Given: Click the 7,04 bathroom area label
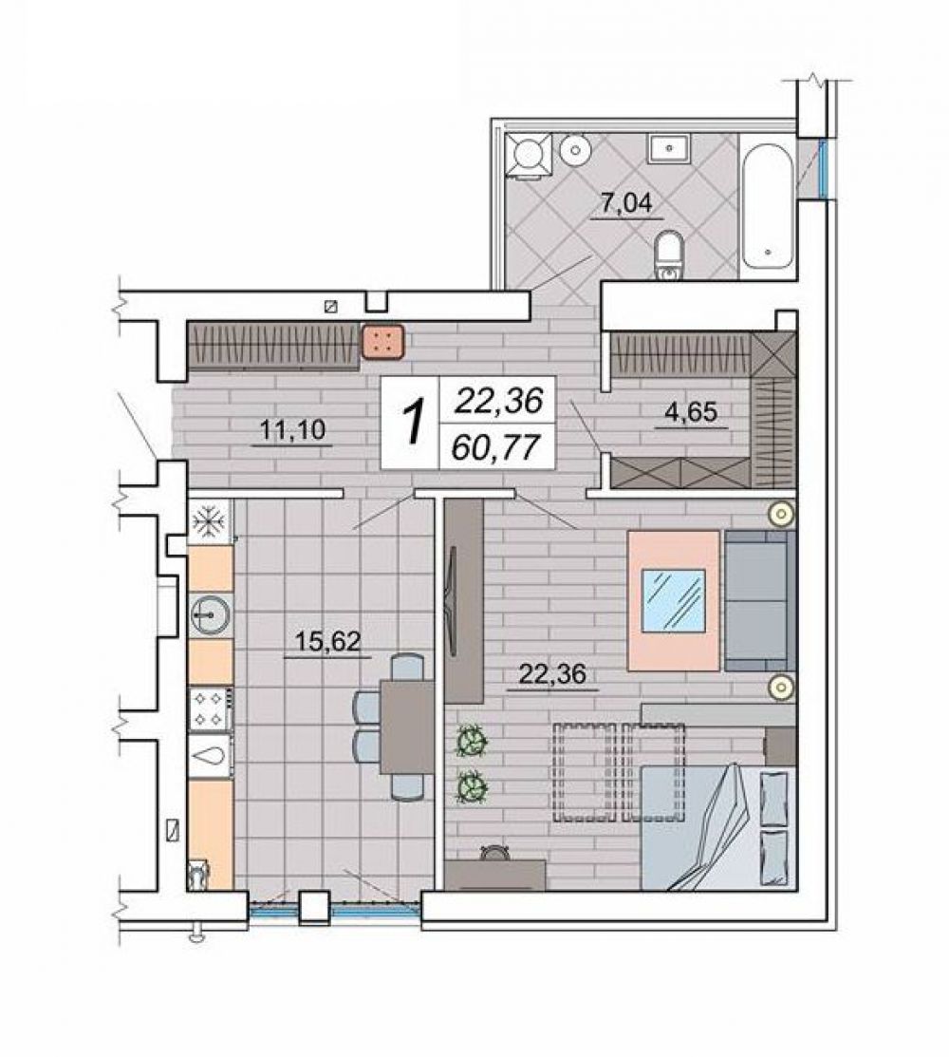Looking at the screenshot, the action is [626, 202].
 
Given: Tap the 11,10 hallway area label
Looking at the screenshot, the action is [293, 429].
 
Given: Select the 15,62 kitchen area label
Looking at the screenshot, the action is [328, 640].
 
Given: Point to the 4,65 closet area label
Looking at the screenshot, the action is [691, 411].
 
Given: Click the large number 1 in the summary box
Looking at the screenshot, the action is [415, 422].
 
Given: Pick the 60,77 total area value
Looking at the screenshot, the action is [497, 447].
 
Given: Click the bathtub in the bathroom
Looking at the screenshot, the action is [768, 205].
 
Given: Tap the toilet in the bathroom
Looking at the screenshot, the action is [669, 255].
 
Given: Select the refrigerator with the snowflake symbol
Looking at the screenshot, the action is [210, 520].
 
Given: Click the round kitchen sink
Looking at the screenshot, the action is [211, 614].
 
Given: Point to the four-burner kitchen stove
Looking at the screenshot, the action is [210, 709].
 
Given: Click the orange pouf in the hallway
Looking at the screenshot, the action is [383, 341].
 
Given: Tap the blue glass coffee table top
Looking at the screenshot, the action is [674, 600].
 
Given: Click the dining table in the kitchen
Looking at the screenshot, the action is [407, 727].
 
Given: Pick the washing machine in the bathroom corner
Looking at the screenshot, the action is [530, 155].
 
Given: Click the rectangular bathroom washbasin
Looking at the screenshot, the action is [668, 147].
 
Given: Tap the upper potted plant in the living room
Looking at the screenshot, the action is [473, 743].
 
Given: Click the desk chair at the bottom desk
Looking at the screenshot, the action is [495, 852].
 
